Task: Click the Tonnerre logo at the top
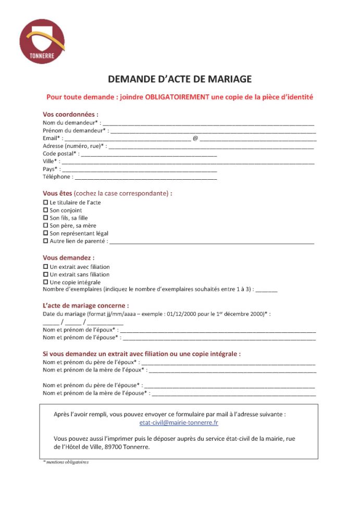[x=42, y=42]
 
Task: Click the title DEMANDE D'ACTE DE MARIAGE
[x=180, y=79]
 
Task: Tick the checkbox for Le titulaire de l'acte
[x=45, y=202]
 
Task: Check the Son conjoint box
[x=45, y=210]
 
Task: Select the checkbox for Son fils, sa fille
[x=45, y=218]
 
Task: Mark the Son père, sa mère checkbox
[x=45, y=226]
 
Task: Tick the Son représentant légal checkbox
[x=45, y=233]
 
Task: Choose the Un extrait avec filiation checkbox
[x=45, y=267]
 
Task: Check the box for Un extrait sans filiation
[x=45, y=275]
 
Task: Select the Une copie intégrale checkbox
[x=45, y=282]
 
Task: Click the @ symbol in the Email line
[x=195, y=139]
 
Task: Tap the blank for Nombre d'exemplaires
[x=266, y=291]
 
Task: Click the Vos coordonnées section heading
[x=70, y=115]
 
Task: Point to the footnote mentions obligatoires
[x=66, y=462]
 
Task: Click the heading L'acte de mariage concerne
[x=85, y=305]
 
